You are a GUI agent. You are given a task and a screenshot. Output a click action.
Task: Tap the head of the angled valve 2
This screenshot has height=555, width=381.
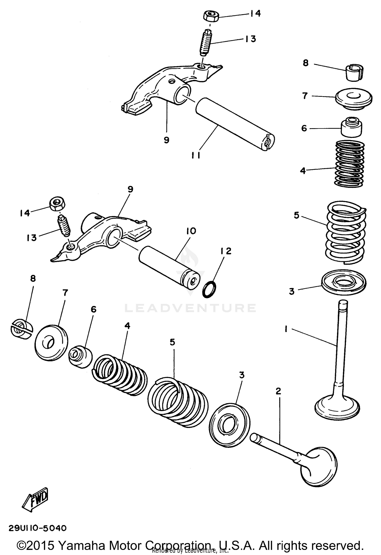[x=319, y=467]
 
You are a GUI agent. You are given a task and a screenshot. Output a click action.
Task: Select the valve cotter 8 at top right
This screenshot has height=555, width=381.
[x=355, y=73]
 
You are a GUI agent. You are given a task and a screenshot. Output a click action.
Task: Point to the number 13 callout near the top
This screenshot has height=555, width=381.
[x=250, y=39]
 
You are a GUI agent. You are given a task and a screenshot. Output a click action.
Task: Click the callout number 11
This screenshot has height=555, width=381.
[x=196, y=155]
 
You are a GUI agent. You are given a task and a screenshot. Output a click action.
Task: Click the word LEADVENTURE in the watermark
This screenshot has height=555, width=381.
[x=190, y=308]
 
